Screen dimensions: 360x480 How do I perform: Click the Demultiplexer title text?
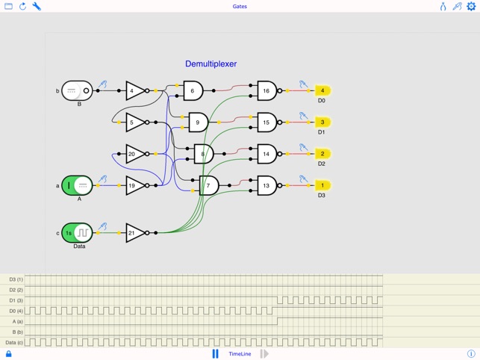click(211, 64)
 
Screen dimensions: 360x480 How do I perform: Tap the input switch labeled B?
click(77, 90)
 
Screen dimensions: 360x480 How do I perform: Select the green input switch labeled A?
click(77, 185)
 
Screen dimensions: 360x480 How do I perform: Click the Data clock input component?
click(77, 233)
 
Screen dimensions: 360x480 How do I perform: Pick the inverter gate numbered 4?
click(135, 91)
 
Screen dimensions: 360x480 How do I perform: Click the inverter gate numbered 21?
click(135, 233)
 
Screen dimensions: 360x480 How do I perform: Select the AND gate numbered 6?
click(193, 91)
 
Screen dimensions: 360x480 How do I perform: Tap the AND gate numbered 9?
click(198, 122)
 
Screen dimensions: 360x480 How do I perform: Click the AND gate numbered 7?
click(208, 185)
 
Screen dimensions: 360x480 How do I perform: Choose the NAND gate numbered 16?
click(267, 91)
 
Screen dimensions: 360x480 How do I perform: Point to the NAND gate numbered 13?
click(267, 185)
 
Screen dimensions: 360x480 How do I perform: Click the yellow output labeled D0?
click(322, 91)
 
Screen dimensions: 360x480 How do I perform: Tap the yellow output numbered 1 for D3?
click(322, 185)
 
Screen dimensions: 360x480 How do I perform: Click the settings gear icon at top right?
click(471, 7)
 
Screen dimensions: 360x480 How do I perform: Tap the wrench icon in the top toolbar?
click(37, 7)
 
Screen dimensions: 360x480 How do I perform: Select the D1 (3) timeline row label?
click(16, 300)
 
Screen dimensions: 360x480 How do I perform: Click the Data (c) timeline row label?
click(14, 342)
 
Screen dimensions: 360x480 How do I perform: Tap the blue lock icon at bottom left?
click(8, 354)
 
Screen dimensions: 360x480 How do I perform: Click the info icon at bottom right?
click(471, 354)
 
